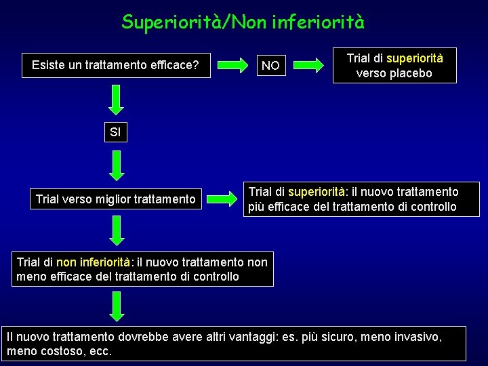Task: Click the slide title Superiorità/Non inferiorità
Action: (243, 22)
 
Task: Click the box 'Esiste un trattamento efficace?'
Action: (115, 66)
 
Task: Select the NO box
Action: (270, 66)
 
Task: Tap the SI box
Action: (115, 132)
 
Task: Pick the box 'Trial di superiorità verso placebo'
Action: (394, 66)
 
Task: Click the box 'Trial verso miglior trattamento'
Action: (115, 199)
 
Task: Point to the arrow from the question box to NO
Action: (233, 66)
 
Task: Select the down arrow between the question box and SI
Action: (117, 99)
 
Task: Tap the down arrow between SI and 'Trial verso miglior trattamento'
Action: (117, 166)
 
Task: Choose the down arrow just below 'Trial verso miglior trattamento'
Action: (117, 230)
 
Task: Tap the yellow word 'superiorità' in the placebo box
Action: (415, 58)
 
